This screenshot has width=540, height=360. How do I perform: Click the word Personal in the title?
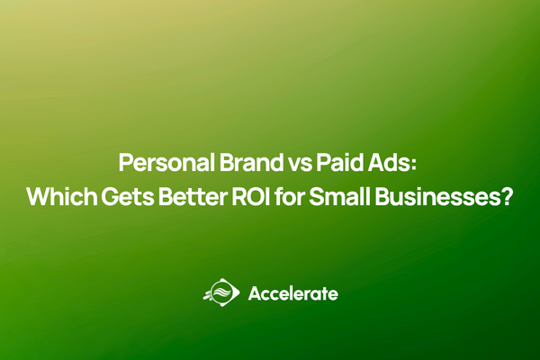pos(161,165)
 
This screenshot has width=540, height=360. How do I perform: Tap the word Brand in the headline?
pos(240,165)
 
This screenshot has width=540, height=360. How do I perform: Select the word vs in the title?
pos(290,165)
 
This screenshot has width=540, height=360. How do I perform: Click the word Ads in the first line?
pos(385,165)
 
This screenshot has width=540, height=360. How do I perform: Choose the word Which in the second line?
pos(58,197)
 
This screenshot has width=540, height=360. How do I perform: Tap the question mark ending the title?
pos(506,197)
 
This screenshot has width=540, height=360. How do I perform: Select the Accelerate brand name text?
pos(292,294)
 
